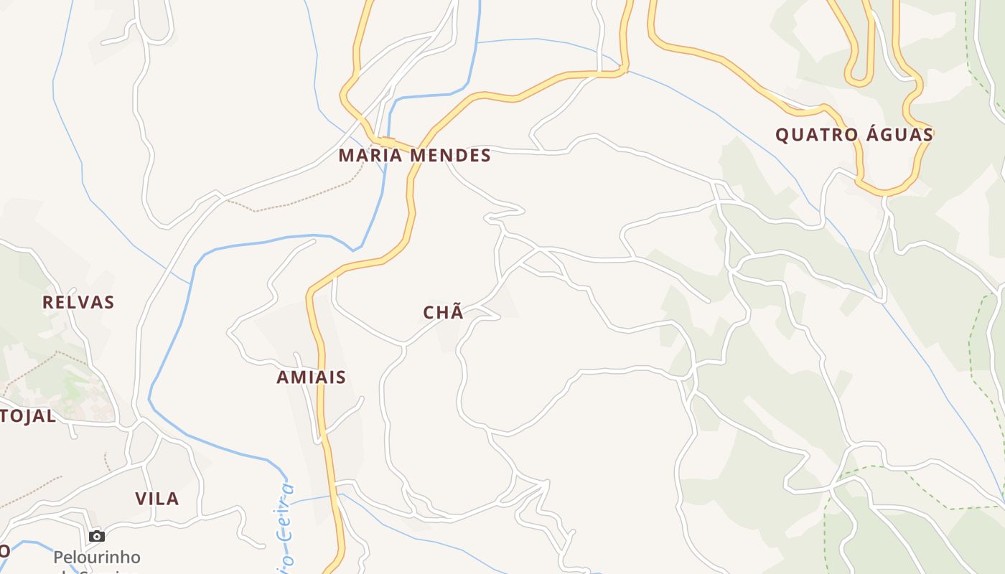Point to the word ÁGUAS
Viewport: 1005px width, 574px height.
pos(899,134)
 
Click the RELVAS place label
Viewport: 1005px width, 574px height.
pos(78,302)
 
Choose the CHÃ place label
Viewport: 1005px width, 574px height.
pos(444,312)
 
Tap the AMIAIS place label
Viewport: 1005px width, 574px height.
pos(312,377)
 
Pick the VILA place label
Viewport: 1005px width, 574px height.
pos(157,499)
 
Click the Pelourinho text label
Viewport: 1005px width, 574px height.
pos(97,557)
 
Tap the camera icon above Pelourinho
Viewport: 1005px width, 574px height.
pos(97,536)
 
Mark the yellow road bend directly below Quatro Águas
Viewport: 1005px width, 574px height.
pos(887,192)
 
